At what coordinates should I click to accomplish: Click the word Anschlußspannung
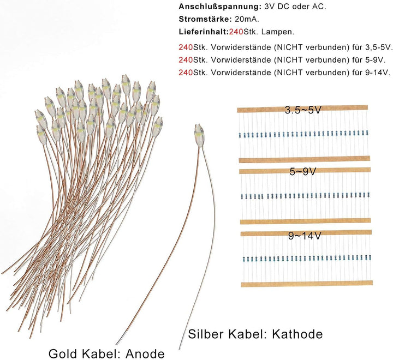point(220,7)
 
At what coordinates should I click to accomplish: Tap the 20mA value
point(247,19)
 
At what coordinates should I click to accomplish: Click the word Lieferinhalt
point(204,32)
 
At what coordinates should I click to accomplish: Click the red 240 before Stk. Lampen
point(236,32)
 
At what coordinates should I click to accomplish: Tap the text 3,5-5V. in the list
point(378,47)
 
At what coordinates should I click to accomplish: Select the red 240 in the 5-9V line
point(186,60)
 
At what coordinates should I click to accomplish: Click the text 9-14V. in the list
point(378,73)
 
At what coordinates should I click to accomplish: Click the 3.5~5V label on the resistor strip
point(303,110)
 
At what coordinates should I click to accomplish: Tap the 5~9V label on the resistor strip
point(303,172)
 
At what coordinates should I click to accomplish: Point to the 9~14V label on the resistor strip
point(305,236)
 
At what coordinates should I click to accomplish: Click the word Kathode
point(297,334)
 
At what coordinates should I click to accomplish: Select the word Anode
point(145,354)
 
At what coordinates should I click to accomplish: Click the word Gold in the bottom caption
point(64,354)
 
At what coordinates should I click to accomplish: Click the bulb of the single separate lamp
point(199,136)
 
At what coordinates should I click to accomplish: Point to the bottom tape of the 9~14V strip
point(307,284)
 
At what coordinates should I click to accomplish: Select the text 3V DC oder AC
point(295,7)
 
